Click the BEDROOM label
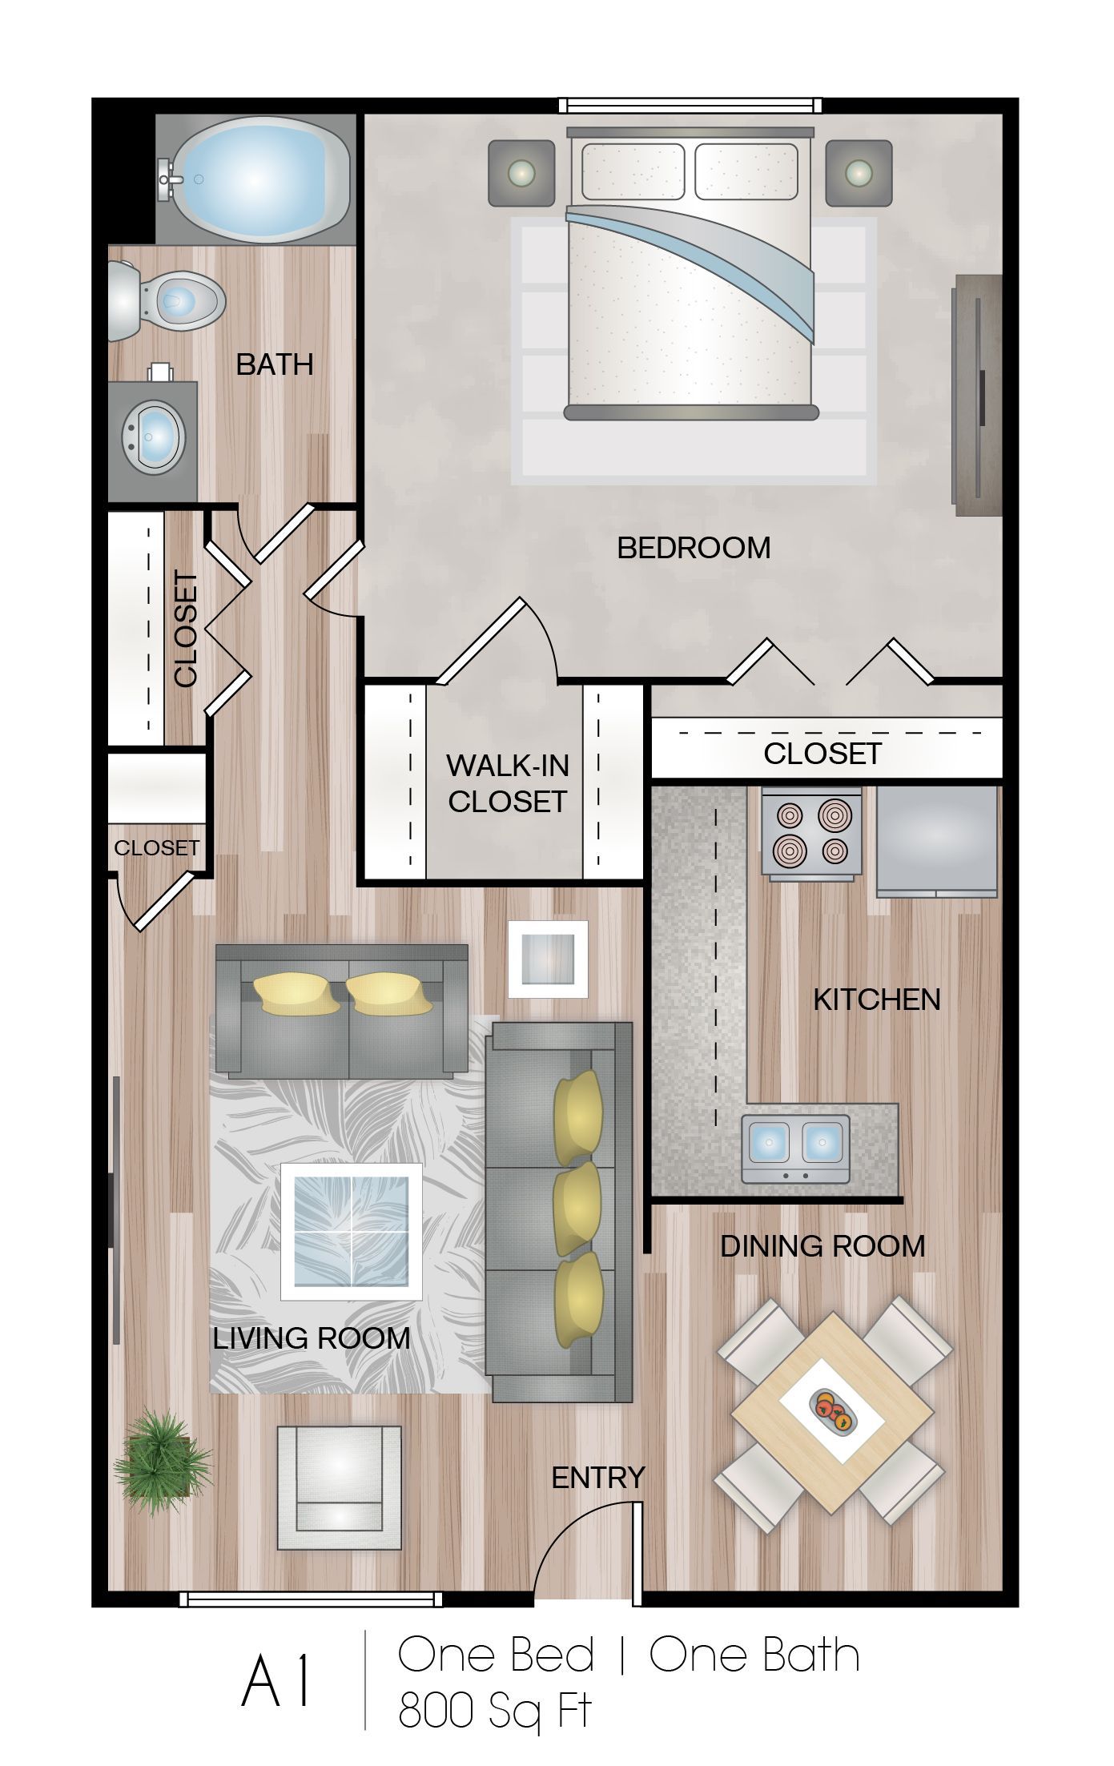[694, 548]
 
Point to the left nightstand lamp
[521, 173]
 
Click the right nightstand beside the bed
[859, 173]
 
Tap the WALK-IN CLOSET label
[508, 783]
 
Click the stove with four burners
[811, 833]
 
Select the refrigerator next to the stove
[937, 841]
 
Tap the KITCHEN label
[876, 1000]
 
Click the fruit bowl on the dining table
[833, 1410]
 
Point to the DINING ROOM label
[822, 1246]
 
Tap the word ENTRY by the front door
[598, 1477]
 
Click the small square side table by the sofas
[548, 959]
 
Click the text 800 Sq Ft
[494, 1712]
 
